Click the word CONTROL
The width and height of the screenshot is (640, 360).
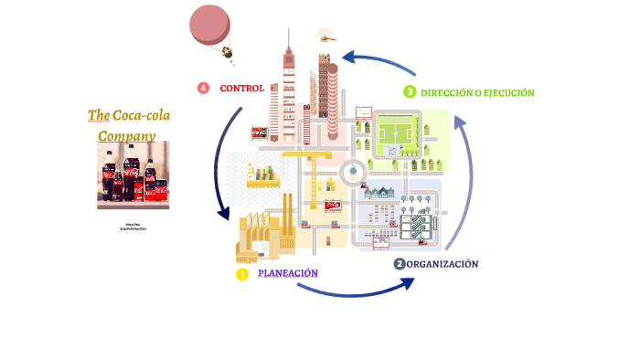click(242, 89)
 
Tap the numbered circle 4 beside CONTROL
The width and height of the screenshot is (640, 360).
click(203, 88)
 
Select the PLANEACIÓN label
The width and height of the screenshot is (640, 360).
click(288, 273)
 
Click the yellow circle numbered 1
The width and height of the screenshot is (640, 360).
click(242, 274)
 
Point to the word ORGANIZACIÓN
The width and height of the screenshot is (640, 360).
click(443, 264)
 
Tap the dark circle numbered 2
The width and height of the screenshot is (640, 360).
click(400, 264)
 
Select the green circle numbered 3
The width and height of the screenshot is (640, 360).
click(411, 92)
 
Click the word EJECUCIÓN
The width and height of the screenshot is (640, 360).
click(509, 93)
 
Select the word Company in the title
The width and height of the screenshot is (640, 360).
click(126, 136)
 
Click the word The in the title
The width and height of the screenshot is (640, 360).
click(98, 115)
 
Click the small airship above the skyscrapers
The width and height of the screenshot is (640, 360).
click(326, 35)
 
